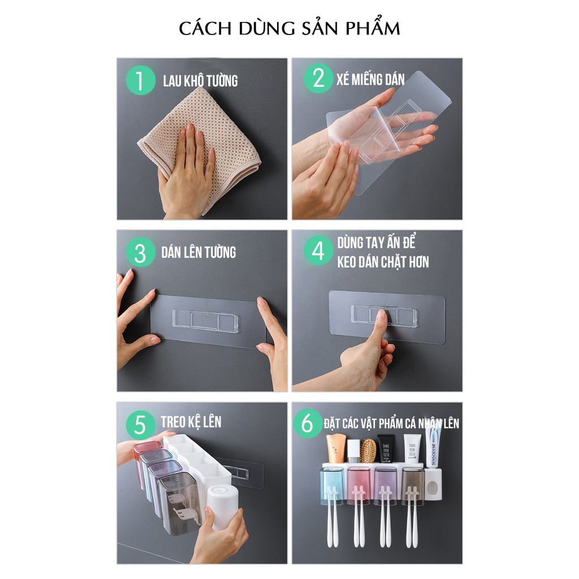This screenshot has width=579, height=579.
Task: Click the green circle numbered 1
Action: [x=140, y=80]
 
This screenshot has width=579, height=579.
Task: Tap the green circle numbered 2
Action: [x=318, y=78]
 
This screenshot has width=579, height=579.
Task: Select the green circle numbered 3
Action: [x=140, y=253]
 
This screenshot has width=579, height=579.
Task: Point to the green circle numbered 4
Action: [x=318, y=250]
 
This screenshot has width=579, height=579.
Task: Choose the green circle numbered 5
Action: [x=140, y=425]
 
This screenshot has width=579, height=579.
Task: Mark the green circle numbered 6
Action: [x=308, y=423]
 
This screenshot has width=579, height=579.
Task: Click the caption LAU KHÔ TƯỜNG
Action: [x=201, y=80]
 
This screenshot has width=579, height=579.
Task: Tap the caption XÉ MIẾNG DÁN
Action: [x=370, y=79]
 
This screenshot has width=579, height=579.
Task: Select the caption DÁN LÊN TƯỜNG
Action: [x=198, y=252]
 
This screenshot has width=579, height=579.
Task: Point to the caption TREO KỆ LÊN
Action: [x=191, y=422]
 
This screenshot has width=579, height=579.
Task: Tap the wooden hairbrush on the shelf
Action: [x=368, y=451]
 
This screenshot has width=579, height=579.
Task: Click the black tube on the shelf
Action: [x=386, y=448]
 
